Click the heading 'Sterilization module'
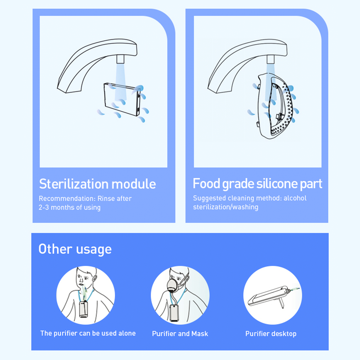point(97,184)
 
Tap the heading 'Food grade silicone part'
point(257,184)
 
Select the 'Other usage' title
point(75,249)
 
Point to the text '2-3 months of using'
point(69,207)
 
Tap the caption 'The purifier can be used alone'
point(88,333)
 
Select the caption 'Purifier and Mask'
point(180,334)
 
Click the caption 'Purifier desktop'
point(271,334)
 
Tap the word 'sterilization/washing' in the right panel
point(225,207)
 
